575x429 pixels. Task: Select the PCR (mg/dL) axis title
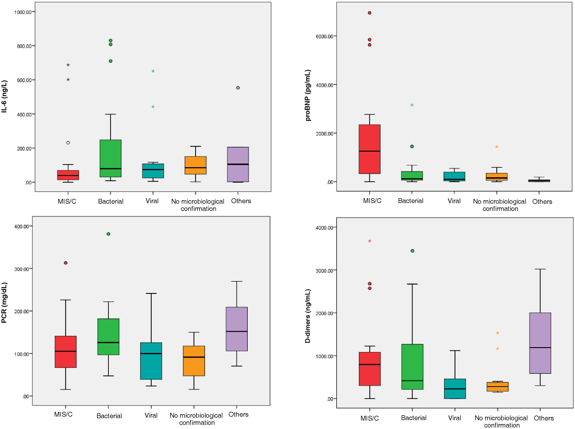coord(4,303)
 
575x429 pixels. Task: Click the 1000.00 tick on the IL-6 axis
coord(23,12)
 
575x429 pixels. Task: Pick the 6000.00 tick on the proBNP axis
coord(324,36)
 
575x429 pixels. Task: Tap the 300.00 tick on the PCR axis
coord(21,269)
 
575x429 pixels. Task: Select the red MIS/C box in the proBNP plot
coord(369,149)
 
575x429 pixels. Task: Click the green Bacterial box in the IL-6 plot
coord(110,158)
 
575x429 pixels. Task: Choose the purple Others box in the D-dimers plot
coord(540,343)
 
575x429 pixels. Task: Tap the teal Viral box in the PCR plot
coord(151,361)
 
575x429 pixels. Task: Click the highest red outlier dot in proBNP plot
coord(369,13)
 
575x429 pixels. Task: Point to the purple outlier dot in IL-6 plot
coord(238,88)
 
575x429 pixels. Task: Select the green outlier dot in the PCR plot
coord(108,234)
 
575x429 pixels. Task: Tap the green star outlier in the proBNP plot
coord(412,105)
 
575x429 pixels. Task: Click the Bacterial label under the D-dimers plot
coord(414,418)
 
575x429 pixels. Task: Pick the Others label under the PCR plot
coord(238,414)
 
